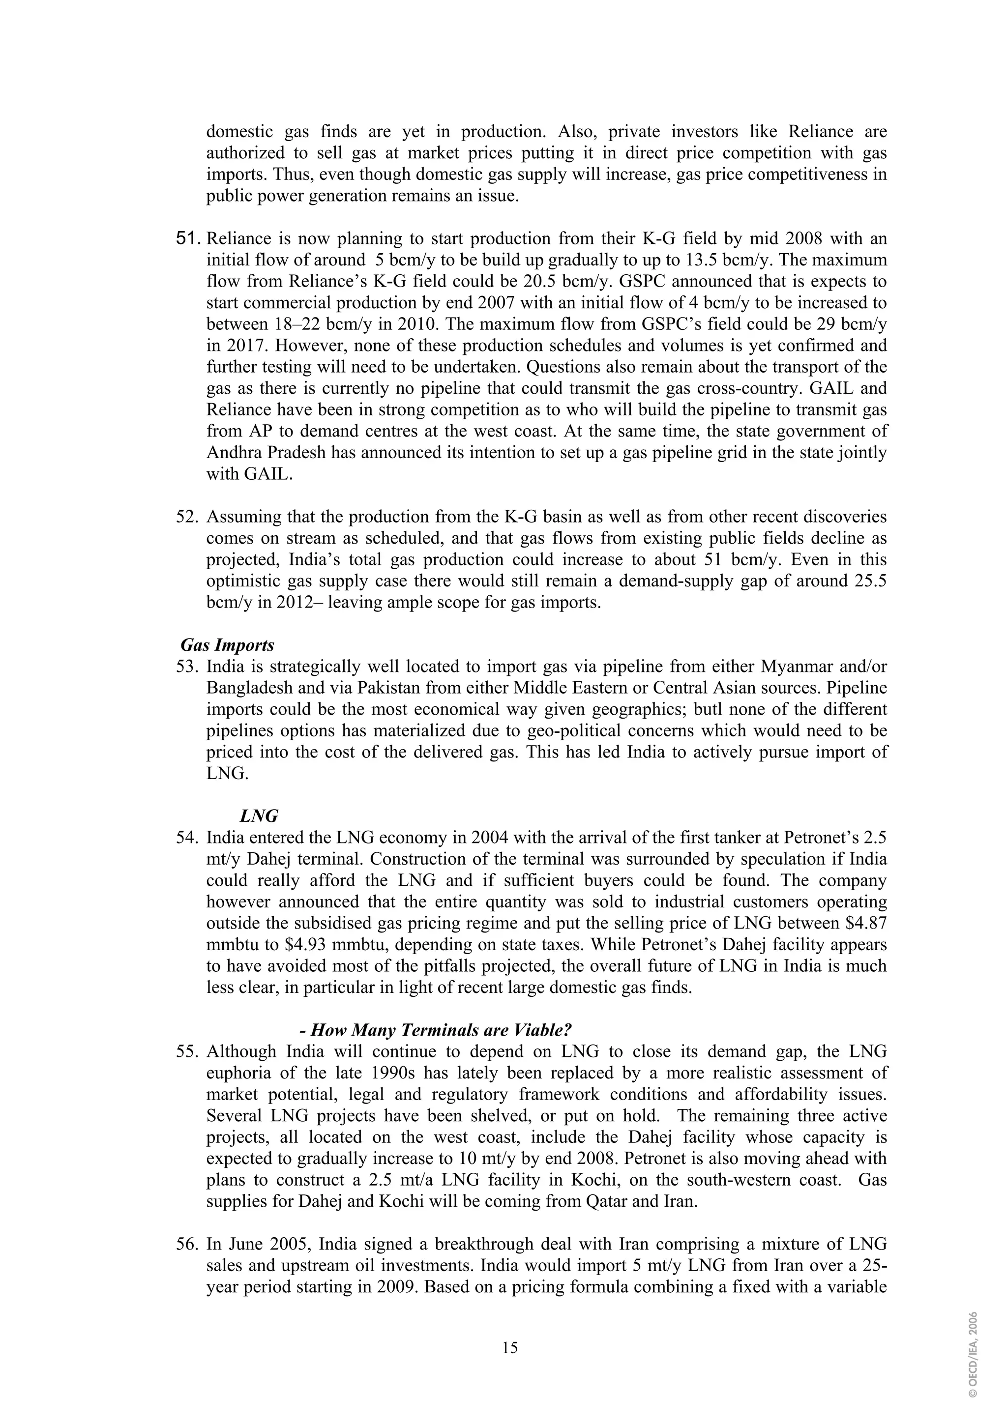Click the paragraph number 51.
click(x=189, y=239)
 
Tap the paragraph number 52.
click(x=189, y=517)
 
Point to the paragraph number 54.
click(x=189, y=838)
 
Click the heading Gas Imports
click(x=227, y=645)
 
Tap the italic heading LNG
click(x=259, y=815)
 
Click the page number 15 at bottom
click(x=510, y=1348)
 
